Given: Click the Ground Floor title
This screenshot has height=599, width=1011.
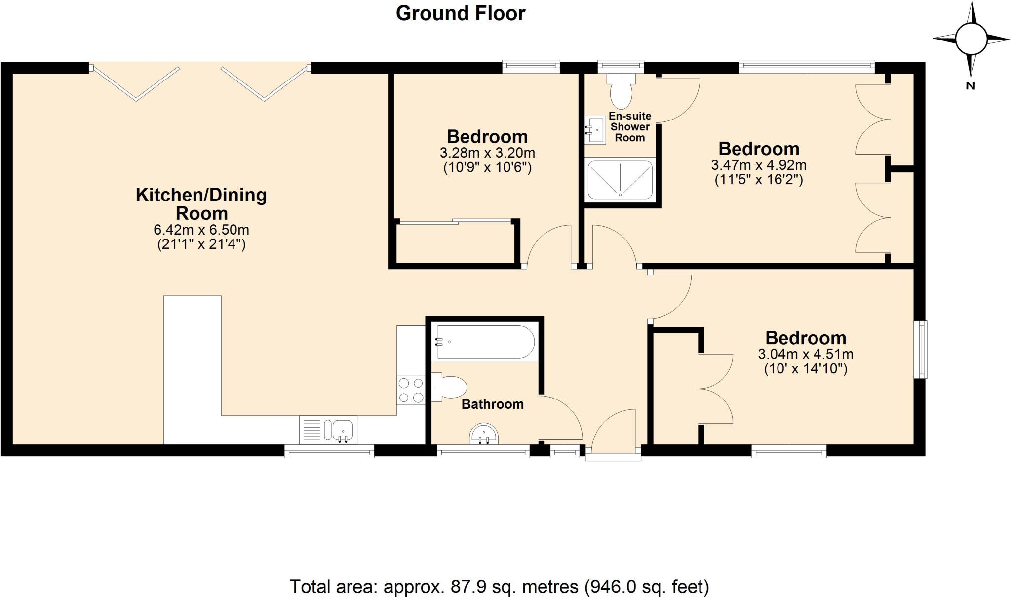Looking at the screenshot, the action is (x=461, y=13).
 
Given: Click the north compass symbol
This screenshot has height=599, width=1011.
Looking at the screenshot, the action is (x=971, y=40).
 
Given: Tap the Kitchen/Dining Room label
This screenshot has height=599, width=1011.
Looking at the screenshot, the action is (x=201, y=204).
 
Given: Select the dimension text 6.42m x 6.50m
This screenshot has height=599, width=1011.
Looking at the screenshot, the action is (x=201, y=230).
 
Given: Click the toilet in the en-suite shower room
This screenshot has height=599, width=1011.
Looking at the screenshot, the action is (x=621, y=91).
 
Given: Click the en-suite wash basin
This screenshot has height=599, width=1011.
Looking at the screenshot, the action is (x=596, y=130).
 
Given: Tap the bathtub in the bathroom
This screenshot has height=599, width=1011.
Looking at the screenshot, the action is (x=484, y=342).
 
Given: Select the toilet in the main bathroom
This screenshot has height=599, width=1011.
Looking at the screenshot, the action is (x=450, y=387).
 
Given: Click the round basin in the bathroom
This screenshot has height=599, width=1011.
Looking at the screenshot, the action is (x=484, y=434).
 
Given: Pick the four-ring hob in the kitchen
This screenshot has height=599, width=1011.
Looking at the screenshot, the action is (x=411, y=390).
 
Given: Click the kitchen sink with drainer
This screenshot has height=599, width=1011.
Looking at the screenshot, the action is (x=328, y=430).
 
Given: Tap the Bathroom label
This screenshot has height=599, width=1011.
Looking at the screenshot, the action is (x=492, y=404).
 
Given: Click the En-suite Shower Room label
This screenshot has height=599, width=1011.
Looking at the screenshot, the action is (x=630, y=127).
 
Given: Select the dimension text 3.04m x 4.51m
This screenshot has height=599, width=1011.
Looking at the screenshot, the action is (x=806, y=354).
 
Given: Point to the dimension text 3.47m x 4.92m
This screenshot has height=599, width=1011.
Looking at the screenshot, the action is (x=759, y=165).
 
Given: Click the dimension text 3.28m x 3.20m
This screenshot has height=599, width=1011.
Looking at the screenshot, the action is (x=487, y=153).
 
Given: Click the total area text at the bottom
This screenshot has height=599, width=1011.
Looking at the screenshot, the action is (x=499, y=587).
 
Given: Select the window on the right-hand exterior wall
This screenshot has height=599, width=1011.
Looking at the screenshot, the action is (x=920, y=350).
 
